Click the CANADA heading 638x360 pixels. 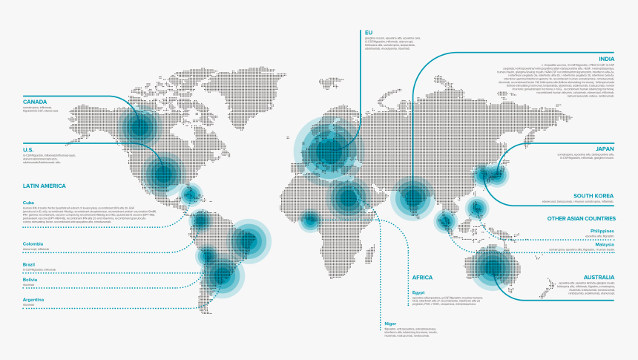(x=35, y=102)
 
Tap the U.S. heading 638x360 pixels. (x=29, y=149)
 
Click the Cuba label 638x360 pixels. (x=29, y=203)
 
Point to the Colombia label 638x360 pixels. (x=33, y=243)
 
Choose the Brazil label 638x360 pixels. (x=29, y=264)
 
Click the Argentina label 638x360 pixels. (x=33, y=299)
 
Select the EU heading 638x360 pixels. (x=368, y=32)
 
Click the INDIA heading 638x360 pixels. (x=607, y=59)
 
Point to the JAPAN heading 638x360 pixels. (x=605, y=148)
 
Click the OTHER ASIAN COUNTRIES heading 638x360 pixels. (x=581, y=218)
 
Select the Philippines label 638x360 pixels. (x=603, y=231)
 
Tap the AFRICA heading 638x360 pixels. (x=421, y=277)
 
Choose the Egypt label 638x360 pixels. (x=419, y=292)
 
